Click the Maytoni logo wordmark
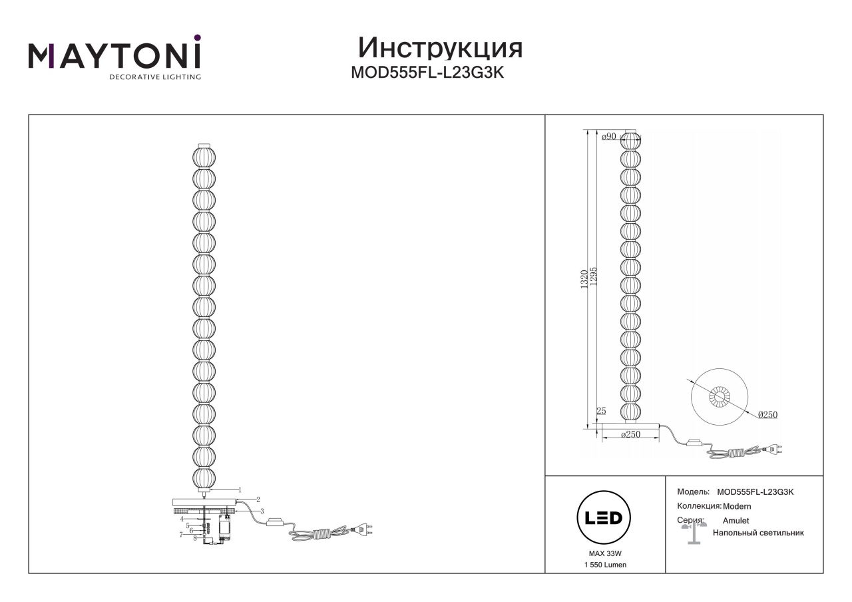click(114, 57)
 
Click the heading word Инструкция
click(440, 49)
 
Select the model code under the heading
click(427, 73)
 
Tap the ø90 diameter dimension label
click(608, 137)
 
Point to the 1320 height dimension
click(584, 280)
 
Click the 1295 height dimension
click(594, 276)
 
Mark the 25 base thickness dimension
click(601, 411)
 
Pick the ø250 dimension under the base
click(630, 434)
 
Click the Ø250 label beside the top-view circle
click(767, 415)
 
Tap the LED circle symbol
click(604, 517)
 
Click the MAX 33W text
click(605, 553)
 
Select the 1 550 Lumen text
click(605, 565)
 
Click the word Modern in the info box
click(737, 507)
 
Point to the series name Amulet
click(736, 521)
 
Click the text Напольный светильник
click(758, 533)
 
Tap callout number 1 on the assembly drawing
click(240, 490)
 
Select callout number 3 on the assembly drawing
click(262, 511)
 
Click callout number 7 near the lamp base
click(181, 535)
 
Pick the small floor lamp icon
click(694, 533)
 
